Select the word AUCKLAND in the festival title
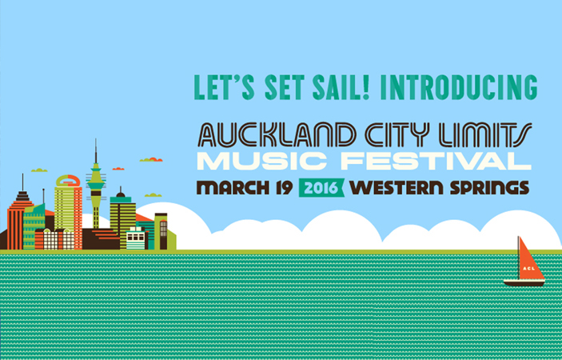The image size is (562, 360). pyautogui.click(x=277, y=135)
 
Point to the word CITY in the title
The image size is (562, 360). pyautogui.click(x=397, y=135)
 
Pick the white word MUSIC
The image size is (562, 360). pyautogui.click(x=261, y=162)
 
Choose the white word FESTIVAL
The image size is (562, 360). pyautogui.click(x=436, y=162)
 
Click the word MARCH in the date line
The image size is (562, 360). pyautogui.click(x=233, y=188)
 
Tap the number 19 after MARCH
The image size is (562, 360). pyautogui.click(x=285, y=188)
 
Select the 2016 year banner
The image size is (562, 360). pyautogui.click(x=321, y=188)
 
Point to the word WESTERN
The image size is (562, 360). pyautogui.click(x=397, y=188)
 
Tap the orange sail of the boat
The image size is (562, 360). pyautogui.click(x=529, y=262)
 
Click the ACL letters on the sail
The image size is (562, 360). pyautogui.click(x=529, y=268)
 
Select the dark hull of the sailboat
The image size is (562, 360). pyautogui.click(x=524, y=283)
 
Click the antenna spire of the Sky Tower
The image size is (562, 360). pyautogui.click(x=96, y=151)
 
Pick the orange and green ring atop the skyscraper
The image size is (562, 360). pyautogui.click(x=68, y=181)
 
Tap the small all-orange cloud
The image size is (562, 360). pyautogui.click(x=118, y=169)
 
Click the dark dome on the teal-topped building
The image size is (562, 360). pyautogui.click(x=121, y=194)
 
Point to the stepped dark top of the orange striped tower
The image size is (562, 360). pyautogui.click(x=22, y=196)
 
